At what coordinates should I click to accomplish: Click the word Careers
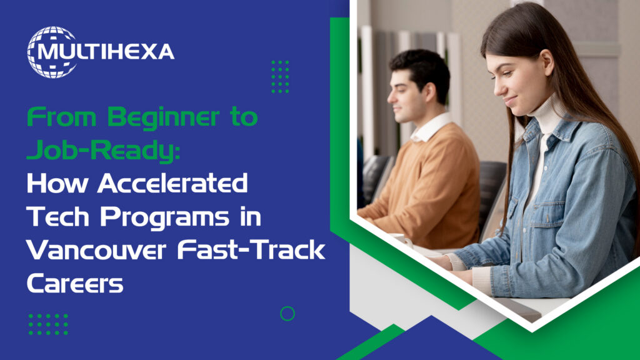74,284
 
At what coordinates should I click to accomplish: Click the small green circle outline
287,314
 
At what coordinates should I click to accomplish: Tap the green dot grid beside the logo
280,77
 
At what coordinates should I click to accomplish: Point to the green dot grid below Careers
48,324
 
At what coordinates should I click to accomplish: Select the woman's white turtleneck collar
542,116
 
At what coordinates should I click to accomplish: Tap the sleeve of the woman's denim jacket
500,250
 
